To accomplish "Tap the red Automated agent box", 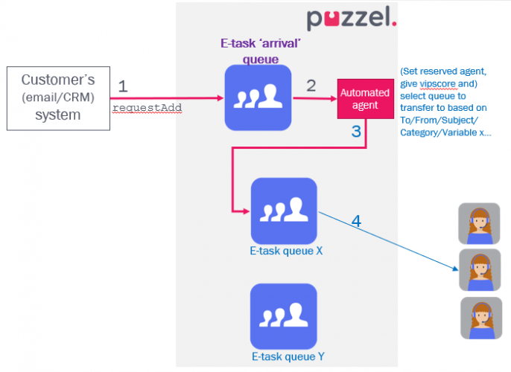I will (365, 99).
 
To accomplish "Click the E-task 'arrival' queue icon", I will (258, 97).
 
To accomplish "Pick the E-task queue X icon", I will (284, 211).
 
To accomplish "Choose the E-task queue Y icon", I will (284, 315).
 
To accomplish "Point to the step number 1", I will (123, 86).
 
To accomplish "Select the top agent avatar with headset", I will (479, 223).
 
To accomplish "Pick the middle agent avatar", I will (479, 270).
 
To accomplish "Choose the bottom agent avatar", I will (480, 318).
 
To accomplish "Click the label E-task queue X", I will (286, 251).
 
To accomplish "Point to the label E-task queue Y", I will (287, 357).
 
